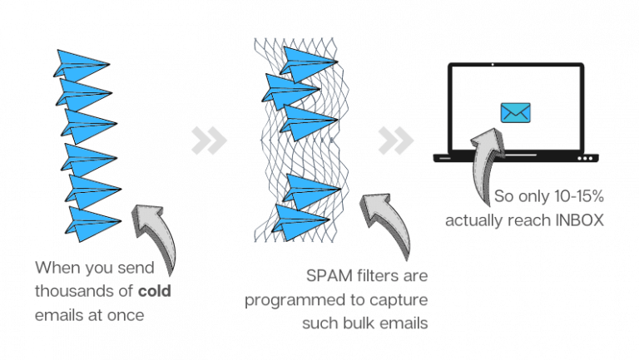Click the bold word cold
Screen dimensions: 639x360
[155, 291]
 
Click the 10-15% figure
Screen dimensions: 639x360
[579, 196]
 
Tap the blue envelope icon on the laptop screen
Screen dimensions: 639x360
[516, 113]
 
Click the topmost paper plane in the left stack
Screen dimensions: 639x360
[81, 65]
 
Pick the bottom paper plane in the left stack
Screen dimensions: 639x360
[93, 224]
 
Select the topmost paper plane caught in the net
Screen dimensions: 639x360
[309, 63]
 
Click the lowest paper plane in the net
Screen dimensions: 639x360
[300, 222]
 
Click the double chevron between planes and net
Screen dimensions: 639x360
[209, 141]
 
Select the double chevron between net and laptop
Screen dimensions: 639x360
[396, 141]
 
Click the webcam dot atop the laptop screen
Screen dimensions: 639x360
[493, 64]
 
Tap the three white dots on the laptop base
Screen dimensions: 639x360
[585, 159]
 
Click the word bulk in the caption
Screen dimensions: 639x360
[356, 323]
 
